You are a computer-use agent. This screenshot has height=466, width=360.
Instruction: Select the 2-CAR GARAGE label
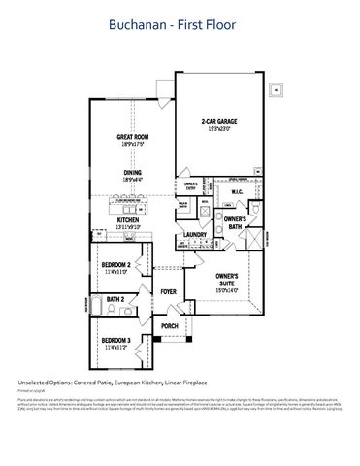[219, 121]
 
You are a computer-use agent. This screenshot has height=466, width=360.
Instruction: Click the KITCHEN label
[129, 220]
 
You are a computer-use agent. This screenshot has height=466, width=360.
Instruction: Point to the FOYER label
[168, 291]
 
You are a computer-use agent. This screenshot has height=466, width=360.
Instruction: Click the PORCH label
[168, 326]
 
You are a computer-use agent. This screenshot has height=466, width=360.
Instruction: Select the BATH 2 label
[115, 300]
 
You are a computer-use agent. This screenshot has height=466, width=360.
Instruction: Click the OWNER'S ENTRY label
[191, 184]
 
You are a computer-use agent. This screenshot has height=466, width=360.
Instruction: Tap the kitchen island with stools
[135, 203]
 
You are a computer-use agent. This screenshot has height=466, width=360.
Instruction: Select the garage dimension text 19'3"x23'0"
[219, 129]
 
